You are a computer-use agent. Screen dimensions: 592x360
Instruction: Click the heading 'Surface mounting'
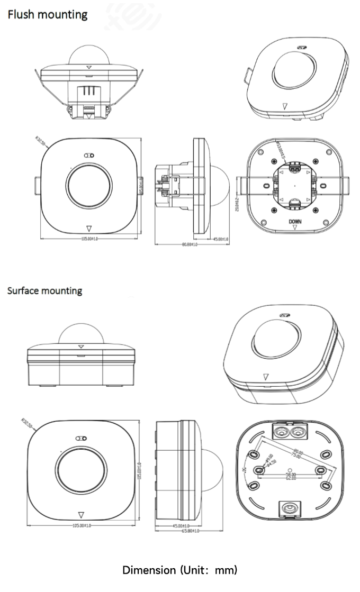(x=44, y=290)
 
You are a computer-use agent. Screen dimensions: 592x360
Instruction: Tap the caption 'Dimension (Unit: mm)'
(x=180, y=570)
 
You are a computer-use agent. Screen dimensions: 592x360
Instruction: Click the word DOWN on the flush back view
(x=295, y=222)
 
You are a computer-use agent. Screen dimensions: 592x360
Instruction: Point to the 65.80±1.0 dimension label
(x=190, y=531)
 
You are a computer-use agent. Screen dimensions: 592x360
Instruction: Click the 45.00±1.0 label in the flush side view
(x=220, y=240)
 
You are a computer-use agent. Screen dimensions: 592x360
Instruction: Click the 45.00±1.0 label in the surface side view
(x=181, y=525)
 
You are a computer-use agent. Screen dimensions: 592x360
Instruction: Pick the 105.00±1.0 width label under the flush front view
(x=89, y=239)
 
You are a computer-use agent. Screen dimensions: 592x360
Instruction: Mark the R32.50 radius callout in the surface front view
(x=26, y=423)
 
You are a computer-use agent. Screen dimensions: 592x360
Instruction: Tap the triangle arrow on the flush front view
(x=88, y=229)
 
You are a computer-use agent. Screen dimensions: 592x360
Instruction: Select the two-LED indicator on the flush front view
(x=89, y=156)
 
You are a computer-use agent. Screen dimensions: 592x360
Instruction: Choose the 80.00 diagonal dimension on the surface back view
(x=299, y=453)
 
